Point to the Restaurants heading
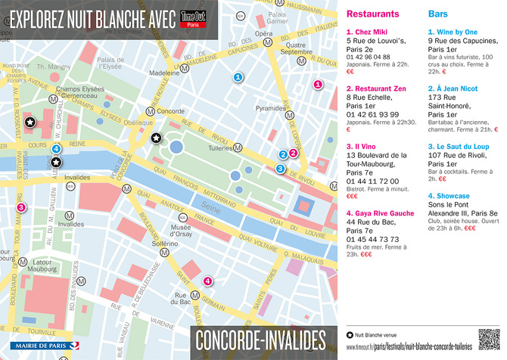tap(372, 14)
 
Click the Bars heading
tap(437, 14)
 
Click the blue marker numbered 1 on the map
tap(238, 76)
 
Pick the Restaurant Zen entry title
tap(378, 88)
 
